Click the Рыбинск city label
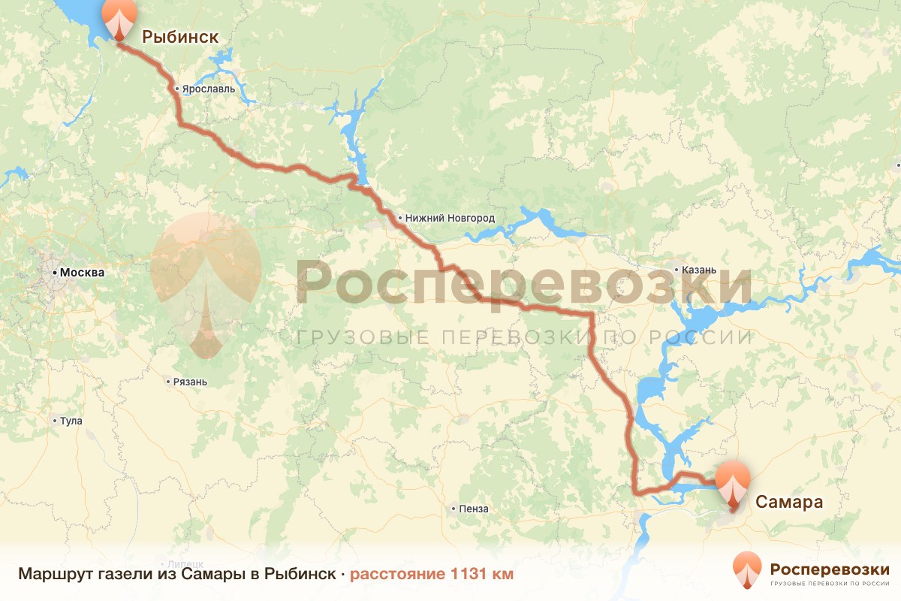point(181,36)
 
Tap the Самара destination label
point(789,502)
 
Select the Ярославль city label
point(209,89)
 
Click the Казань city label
point(699,270)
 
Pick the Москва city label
point(83,273)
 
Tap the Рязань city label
point(189,382)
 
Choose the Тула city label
point(71,421)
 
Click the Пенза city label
point(475,509)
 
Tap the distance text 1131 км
point(481,574)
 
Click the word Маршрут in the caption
point(50,574)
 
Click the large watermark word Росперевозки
point(523,284)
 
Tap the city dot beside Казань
point(677,270)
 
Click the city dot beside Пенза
point(454,509)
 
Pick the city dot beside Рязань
point(168,382)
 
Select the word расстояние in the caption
point(398,574)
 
